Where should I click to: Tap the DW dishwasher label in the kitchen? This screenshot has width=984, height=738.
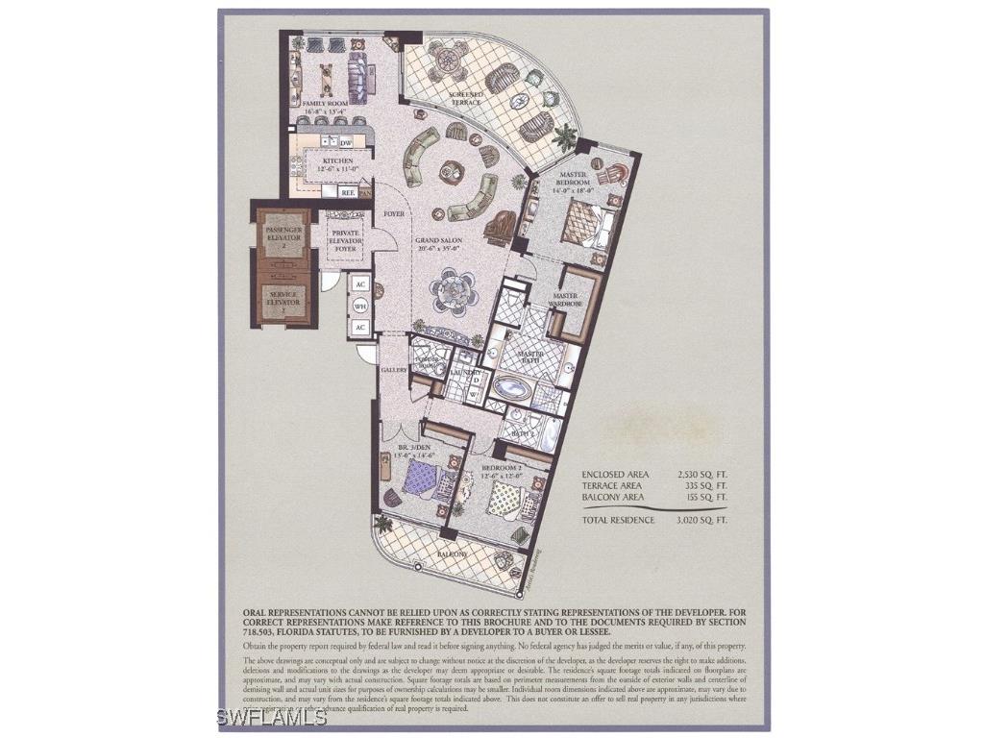pos(345,142)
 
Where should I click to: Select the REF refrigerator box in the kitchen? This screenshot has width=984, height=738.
pos(348,192)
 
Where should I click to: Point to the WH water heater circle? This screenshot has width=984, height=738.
pos(361,306)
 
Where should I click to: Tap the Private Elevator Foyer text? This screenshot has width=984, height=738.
pos(345,240)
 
